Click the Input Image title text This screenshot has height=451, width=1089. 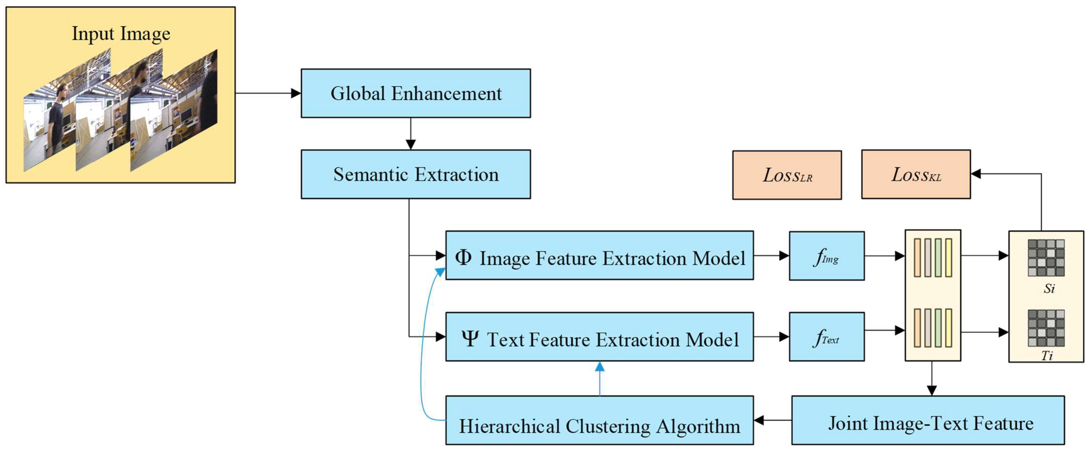point(121,34)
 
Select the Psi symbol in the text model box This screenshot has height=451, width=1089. point(470,338)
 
